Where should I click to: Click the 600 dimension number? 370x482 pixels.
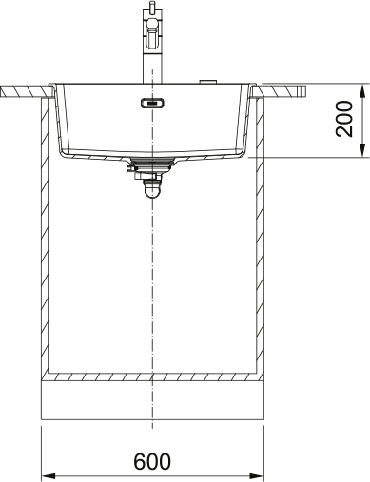coord(152,461)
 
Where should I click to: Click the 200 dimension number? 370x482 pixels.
coord(344,119)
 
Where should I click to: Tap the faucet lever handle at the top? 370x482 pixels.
coord(152,33)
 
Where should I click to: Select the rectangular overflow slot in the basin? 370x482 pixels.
coord(152,103)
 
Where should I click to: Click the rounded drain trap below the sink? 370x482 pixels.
coord(152,191)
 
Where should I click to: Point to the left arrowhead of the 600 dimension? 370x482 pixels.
coord(49,476)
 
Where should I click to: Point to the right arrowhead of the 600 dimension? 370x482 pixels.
coord(257,476)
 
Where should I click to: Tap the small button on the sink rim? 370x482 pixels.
coord(208,82)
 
